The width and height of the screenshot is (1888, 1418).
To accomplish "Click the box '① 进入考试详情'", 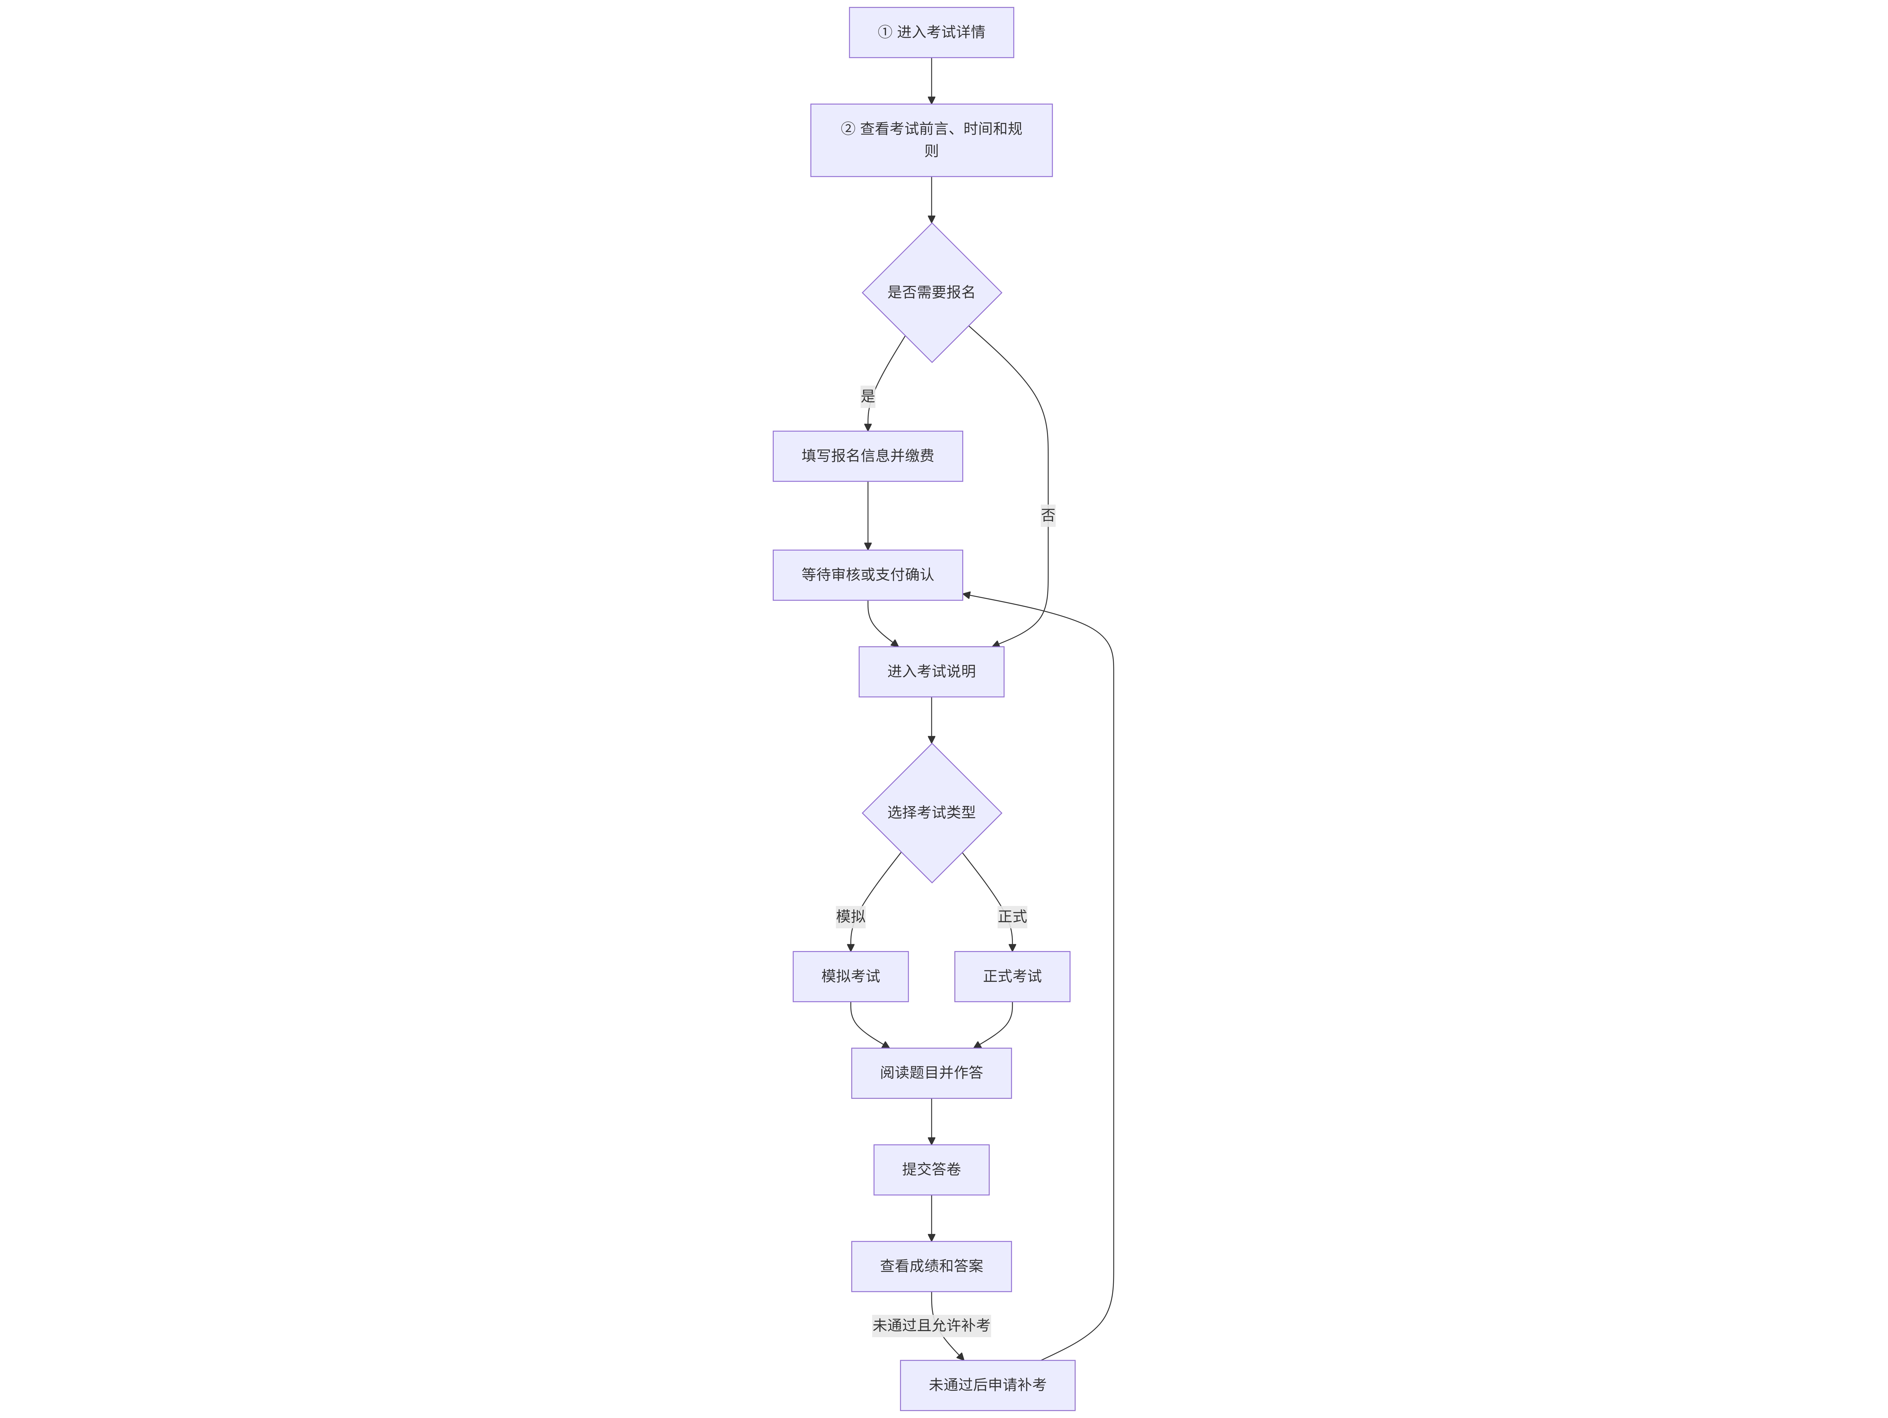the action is (931, 32).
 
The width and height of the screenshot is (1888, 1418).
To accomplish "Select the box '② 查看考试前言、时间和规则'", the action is (931, 140).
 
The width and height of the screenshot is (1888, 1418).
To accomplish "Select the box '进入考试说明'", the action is (931, 672).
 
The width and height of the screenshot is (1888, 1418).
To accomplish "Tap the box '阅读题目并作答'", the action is (931, 1073).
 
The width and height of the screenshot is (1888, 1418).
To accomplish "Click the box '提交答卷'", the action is (931, 1169).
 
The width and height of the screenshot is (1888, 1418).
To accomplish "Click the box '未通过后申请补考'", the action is (988, 1386).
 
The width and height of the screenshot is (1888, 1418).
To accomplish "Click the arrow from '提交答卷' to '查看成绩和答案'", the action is (931, 1218).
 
